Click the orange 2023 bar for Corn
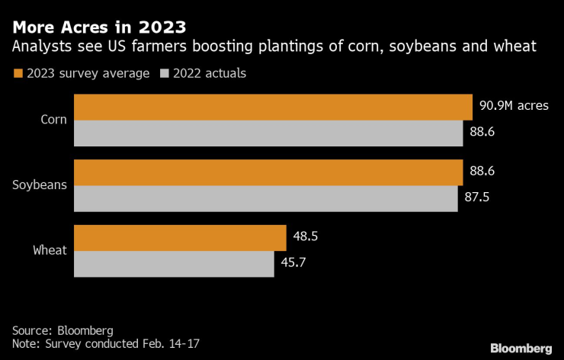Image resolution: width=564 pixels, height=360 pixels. click(x=273, y=107)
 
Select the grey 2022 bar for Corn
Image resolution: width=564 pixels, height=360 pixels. click(x=268, y=133)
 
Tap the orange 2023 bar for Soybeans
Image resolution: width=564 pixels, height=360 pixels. click(x=268, y=172)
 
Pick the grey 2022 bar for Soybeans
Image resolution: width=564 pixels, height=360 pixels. click(x=265, y=198)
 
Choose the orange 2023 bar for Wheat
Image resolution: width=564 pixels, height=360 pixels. click(x=180, y=237)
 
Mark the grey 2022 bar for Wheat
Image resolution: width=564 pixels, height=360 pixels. click(x=174, y=264)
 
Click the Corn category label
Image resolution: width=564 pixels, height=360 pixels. click(x=54, y=120)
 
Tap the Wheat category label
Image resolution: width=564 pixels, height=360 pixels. click(x=50, y=250)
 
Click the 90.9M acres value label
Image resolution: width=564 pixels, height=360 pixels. click(x=514, y=106)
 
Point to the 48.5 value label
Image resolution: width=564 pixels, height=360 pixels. click(x=305, y=236)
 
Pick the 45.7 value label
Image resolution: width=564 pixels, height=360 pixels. click(x=293, y=263)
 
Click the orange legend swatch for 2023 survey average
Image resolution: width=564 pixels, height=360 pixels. click(x=18, y=74)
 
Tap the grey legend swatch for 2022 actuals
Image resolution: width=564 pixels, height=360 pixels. click(x=164, y=74)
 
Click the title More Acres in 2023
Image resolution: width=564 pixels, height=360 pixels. click(x=99, y=27)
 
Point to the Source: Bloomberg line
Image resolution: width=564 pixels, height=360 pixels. click(x=62, y=330)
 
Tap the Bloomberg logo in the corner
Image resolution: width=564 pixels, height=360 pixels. click(x=521, y=348)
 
